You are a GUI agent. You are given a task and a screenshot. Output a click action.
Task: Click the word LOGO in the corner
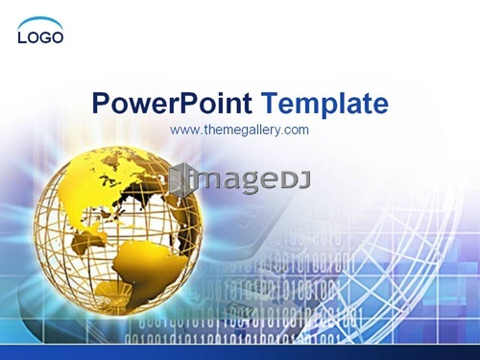pyautogui.click(x=40, y=37)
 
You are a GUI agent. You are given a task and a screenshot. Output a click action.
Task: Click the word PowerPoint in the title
pyautogui.click(x=172, y=104)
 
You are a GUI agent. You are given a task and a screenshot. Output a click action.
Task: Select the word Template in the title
pyautogui.click(x=325, y=104)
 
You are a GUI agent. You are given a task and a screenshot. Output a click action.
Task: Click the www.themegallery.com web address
pyautogui.click(x=239, y=131)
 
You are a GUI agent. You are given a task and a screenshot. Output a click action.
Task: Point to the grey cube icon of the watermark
pyautogui.click(x=180, y=179)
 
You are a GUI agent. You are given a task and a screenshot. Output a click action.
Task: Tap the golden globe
pyautogui.click(x=118, y=229)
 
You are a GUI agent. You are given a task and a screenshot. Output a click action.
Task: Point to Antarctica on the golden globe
pyautogui.click(x=113, y=291)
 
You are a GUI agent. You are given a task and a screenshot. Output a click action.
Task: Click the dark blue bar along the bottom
pyautogui.click(x=240, y=352)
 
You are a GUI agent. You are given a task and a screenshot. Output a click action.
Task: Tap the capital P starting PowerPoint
pyautogui.click(x=101, y=104)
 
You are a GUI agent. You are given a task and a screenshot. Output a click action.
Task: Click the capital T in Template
pyautogui.click(x=271, y=104)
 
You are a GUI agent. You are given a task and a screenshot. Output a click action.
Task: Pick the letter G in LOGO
pyautogui.click(x=44, y=37)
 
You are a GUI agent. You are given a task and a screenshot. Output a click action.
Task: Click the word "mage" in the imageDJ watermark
pyautogui.click(x=237, y=180)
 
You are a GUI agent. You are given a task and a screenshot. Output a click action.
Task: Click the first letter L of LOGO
pyautogui.click(x=22, y=37)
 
